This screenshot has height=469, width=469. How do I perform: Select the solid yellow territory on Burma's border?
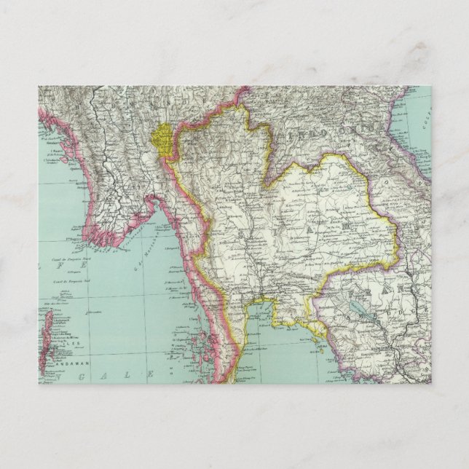pyautogui.click(x=165, y=139)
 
